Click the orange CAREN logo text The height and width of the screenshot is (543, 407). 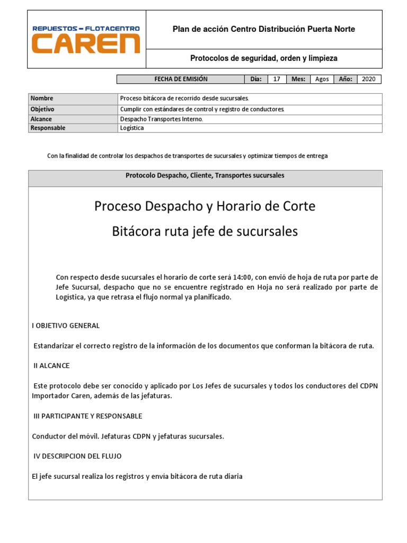[86, 44]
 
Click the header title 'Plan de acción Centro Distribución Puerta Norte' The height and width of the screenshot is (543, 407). [263, 29]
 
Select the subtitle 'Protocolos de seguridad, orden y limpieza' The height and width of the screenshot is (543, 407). [263, 58]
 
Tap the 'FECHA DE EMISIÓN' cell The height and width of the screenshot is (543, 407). [181, 79]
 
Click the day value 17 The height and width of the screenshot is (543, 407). [276, 79]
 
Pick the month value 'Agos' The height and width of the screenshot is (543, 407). [322, 79]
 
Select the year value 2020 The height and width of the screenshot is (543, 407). [368, 79]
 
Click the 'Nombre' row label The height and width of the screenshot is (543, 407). [42, 99]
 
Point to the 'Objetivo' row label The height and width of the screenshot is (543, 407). [43, 109]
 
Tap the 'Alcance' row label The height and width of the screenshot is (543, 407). [41, 119]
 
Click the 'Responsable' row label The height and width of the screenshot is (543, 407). [48, 128]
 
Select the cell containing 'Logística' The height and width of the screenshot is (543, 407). [132, 128]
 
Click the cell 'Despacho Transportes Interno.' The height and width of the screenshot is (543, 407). [162, 119]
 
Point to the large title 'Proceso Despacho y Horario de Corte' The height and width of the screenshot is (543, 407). [205, 206]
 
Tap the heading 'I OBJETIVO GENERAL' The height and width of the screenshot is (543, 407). [66, 326]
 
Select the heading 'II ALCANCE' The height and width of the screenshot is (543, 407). [51, 366]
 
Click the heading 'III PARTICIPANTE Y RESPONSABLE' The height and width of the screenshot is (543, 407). [87, 416]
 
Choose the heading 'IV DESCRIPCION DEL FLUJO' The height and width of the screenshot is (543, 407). [77, 456]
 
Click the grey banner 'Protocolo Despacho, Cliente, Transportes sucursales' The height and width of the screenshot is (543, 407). [205, 176]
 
